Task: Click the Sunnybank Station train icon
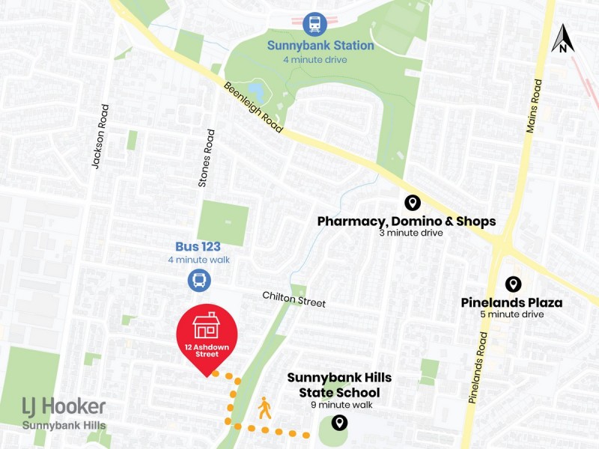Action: pos(314,23)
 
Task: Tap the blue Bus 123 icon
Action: pos(199,281)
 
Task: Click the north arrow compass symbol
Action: pos(562,40)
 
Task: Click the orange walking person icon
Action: pos(264,408)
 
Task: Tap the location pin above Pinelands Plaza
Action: pos(513,284)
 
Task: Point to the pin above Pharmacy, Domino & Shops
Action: pos(411,202)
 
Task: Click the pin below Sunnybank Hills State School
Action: pos(340,424)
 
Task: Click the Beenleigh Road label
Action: pos(254,108)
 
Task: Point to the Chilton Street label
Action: pos(294,299)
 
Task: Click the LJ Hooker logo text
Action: pos(64,408)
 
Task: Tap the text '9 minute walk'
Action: pos(339,405)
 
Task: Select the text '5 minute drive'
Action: pos(512,314)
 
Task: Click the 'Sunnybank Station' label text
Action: pos(320,46)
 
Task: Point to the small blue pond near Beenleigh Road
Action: pos(255,93)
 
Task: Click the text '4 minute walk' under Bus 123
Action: pos(198,260)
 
